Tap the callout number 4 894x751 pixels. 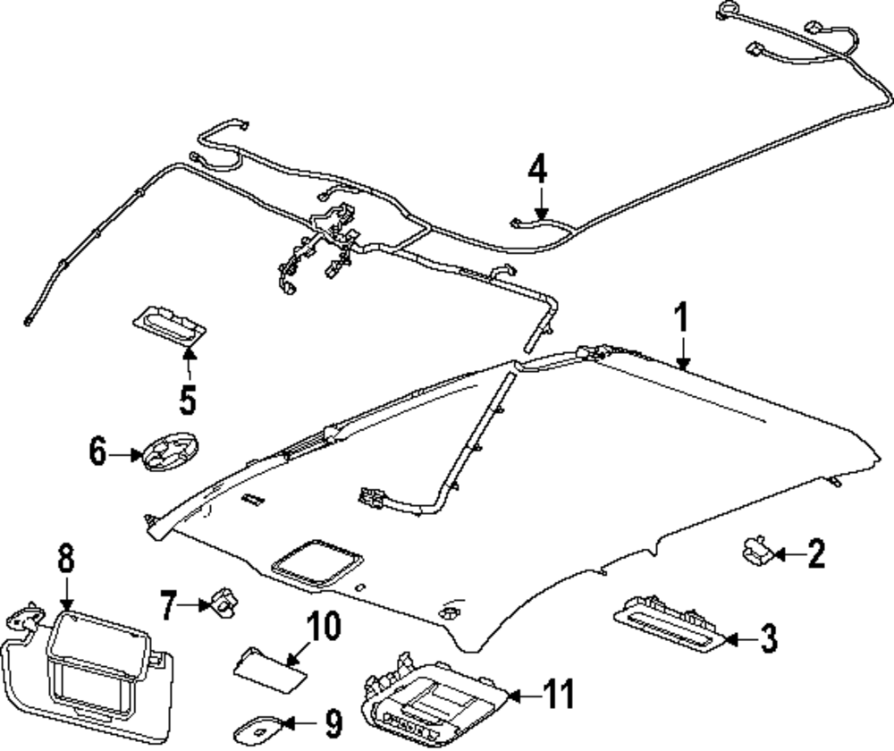tap(537, 169)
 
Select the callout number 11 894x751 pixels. tap(559, 694)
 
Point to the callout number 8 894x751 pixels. tap(66, 558)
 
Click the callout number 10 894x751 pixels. tap(324, 626)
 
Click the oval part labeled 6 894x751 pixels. tap(169, 451)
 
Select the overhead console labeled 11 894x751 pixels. tap(434, 701)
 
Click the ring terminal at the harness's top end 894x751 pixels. tap(727, 9)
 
